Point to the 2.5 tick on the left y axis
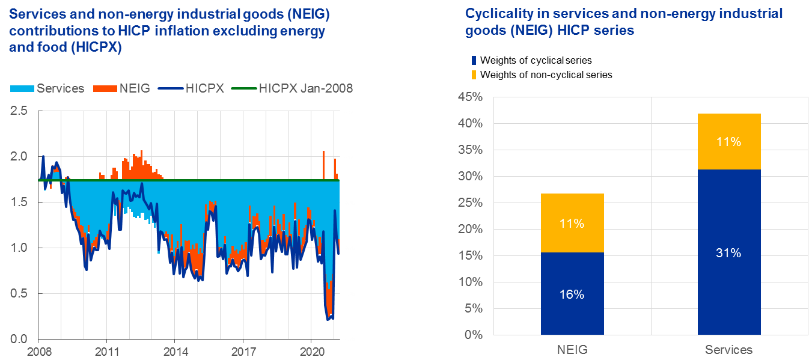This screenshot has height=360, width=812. (20, 111)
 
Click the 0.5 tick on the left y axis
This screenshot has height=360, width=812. (20, 294)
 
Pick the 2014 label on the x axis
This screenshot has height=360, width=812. (175, 350)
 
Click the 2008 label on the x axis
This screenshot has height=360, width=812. (38, 350)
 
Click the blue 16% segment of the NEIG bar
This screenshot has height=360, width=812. (572, 293)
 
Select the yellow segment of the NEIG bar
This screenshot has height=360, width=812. (572, 223)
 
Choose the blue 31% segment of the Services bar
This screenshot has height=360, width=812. (729, 252)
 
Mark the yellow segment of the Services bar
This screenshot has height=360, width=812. (729, 141)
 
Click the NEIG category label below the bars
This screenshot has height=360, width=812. (572, 349)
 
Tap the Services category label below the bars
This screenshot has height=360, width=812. (729, 349)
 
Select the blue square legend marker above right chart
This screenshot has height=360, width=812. (474, 60)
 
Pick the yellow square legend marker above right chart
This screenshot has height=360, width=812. (474, 75)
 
